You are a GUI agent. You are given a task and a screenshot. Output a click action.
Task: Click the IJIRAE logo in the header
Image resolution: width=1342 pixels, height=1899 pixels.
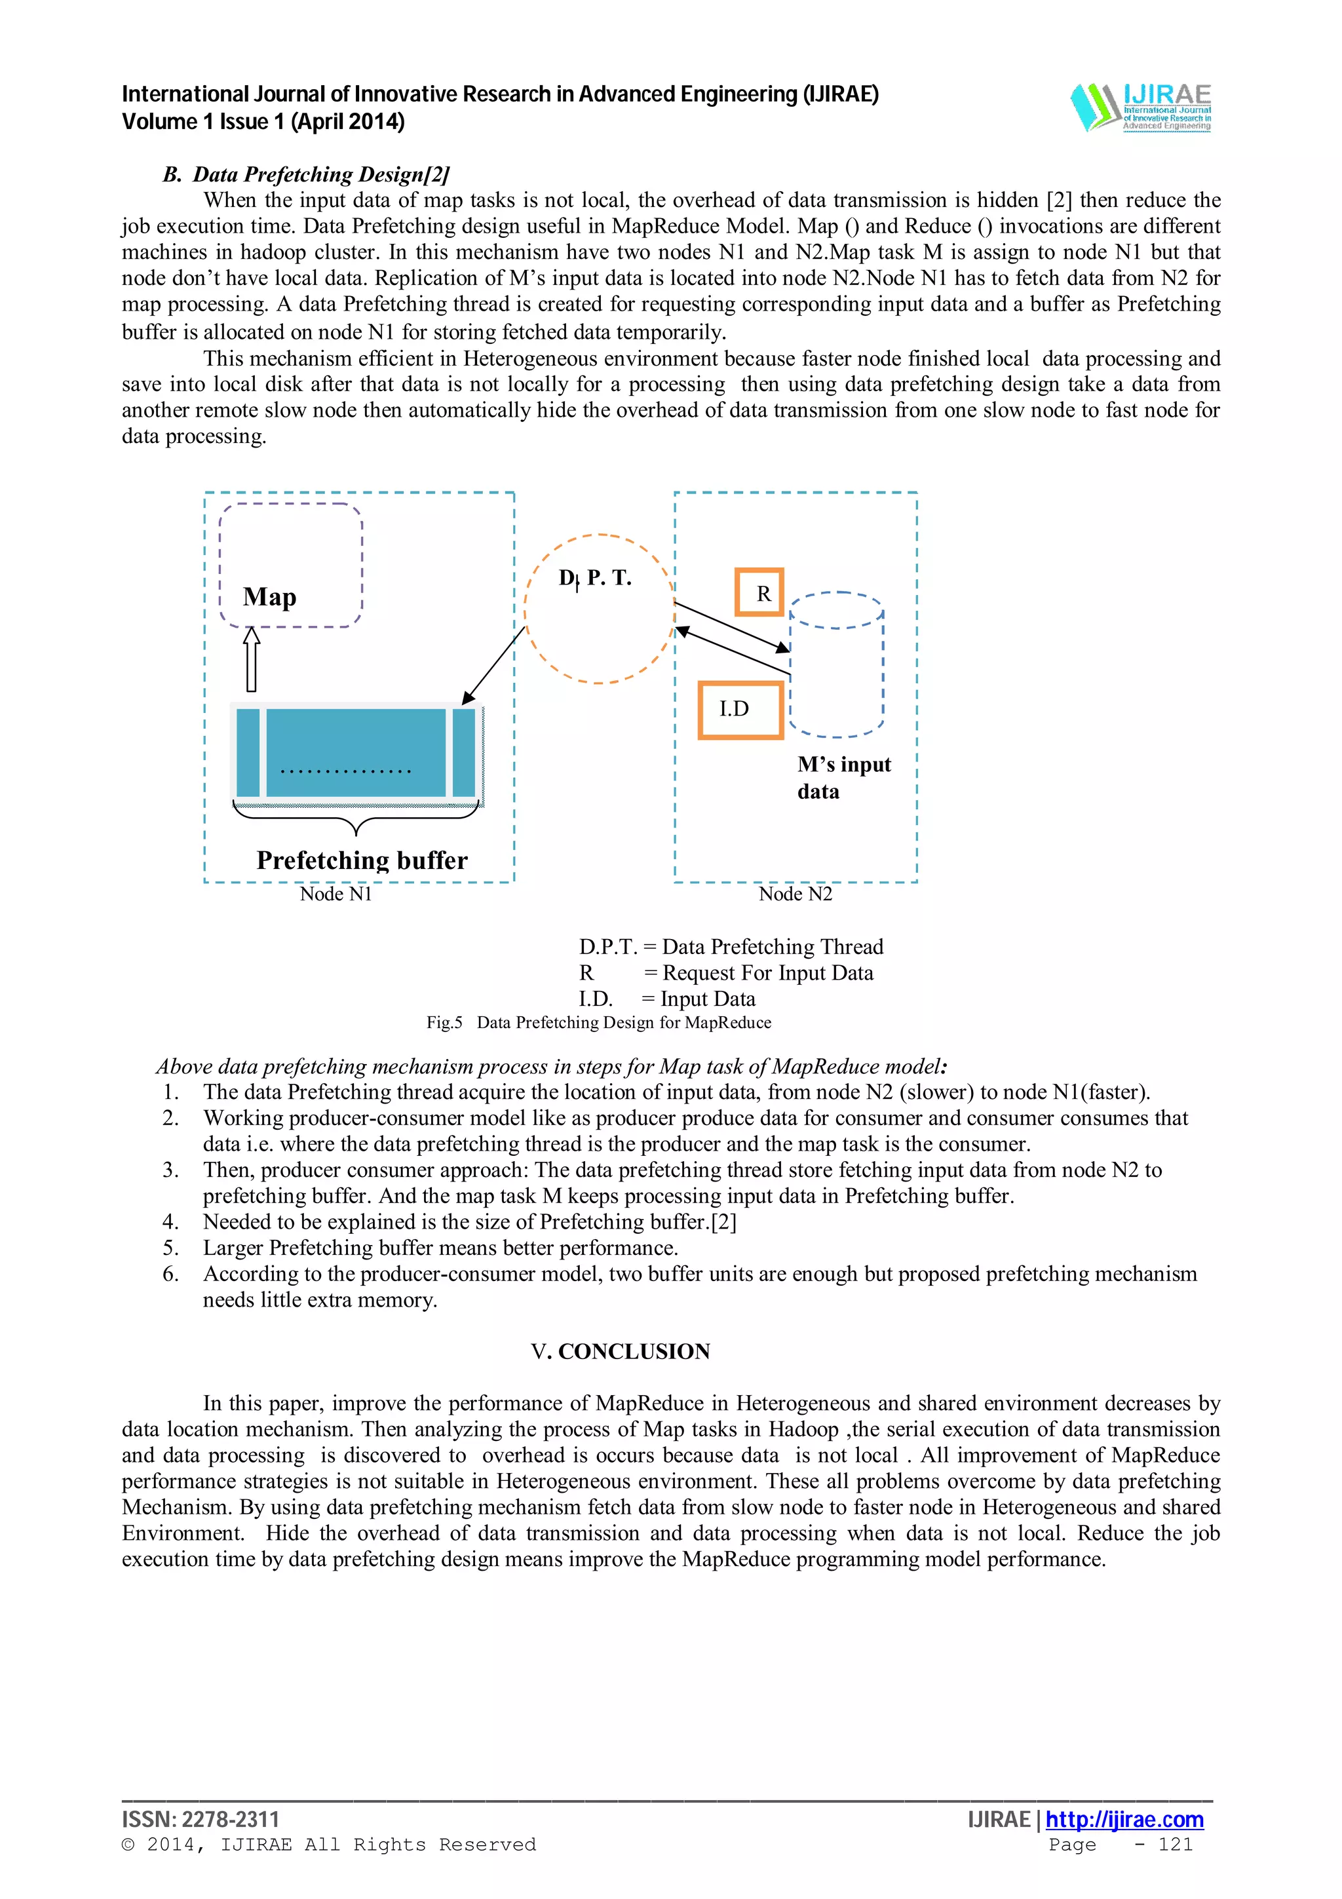coord(1140,107)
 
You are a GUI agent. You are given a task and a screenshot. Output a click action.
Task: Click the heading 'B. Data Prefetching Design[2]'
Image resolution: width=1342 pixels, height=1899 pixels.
coord(306,174)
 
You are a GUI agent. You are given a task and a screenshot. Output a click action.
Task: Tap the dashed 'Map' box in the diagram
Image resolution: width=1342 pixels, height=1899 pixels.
coord(290,566)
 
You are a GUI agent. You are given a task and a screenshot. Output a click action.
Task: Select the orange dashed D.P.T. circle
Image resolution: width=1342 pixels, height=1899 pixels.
coord(600,609)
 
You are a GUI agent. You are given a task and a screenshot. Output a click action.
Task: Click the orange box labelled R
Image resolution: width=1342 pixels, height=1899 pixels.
coord(759,592)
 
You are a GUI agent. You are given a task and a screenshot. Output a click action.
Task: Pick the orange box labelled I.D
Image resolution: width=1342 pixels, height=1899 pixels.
coord(740,710)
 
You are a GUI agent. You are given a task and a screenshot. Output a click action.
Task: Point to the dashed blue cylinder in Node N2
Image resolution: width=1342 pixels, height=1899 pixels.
coord(837,665)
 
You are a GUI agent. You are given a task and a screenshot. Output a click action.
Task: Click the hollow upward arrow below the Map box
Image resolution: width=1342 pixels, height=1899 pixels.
coord(252,659)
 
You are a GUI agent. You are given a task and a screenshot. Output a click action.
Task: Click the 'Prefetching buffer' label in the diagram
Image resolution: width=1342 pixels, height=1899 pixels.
coord(361,860)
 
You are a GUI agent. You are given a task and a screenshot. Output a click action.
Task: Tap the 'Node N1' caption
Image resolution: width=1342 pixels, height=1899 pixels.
coord(335,894)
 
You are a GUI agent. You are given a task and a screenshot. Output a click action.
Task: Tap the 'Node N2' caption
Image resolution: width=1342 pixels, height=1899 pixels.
coord(796,894)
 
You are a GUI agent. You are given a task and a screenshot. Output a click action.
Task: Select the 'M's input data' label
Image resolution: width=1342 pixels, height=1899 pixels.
coord(843,777)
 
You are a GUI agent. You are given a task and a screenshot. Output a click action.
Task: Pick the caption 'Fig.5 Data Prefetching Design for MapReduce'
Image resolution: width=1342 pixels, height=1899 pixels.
coord(599,1022)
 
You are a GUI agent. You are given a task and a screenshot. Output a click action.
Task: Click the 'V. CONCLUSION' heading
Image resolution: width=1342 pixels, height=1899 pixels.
coord(620,1351)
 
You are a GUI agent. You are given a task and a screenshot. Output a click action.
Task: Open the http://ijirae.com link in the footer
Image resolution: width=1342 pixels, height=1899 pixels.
coord(1124,1820)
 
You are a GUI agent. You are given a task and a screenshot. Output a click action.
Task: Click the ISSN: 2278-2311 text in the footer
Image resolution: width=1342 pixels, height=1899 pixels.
coord(201,1820)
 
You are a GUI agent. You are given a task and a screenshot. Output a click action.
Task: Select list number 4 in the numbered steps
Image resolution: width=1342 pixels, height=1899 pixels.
coord(170,1221)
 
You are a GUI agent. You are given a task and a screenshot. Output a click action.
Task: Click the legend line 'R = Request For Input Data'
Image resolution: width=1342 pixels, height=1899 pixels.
coord(725,972)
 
